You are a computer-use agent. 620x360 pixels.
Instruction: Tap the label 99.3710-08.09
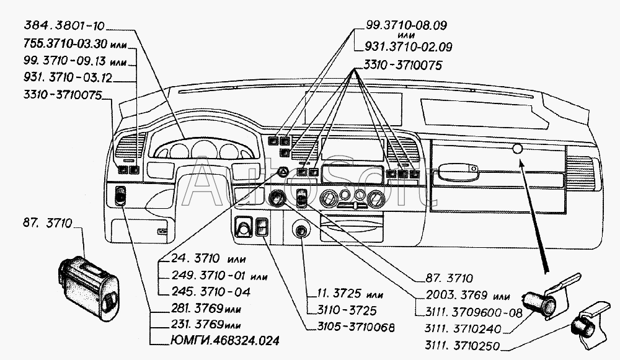click(401, 25)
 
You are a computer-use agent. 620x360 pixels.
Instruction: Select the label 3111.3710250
click(461, 346)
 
